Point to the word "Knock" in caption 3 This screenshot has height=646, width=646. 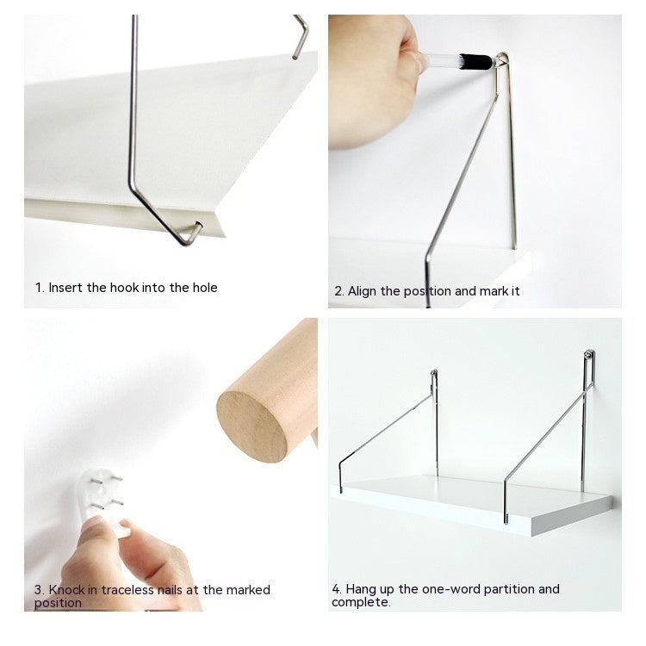67,590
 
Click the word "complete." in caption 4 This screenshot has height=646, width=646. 361,602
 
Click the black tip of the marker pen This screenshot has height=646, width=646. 475,61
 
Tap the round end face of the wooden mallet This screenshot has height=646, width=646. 252,426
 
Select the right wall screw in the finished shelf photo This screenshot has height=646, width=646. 589,355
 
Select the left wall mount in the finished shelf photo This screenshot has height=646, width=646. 434,376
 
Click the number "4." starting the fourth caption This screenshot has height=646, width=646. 337,589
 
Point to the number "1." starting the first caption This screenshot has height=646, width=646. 40,288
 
